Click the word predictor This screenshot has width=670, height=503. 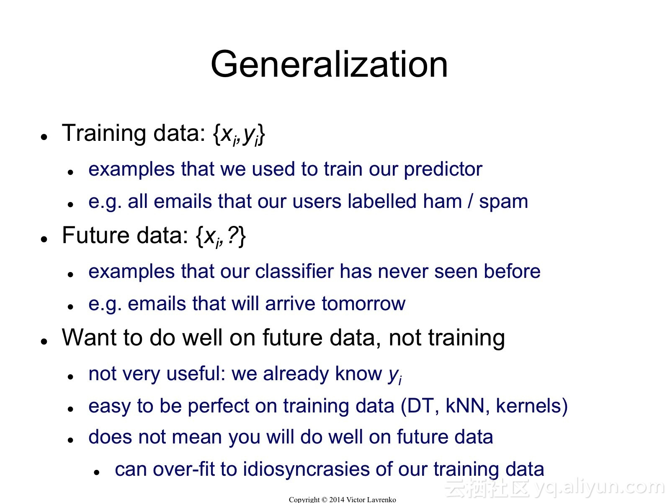(x=443, y=170)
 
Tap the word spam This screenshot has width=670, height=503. (x=503, y=202)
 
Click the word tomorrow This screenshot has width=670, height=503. (x=363, y=304)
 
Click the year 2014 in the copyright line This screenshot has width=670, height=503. (x=337, y=500)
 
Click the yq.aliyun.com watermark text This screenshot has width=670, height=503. (x=599, y=487)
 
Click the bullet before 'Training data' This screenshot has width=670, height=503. (x=44, y=137)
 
